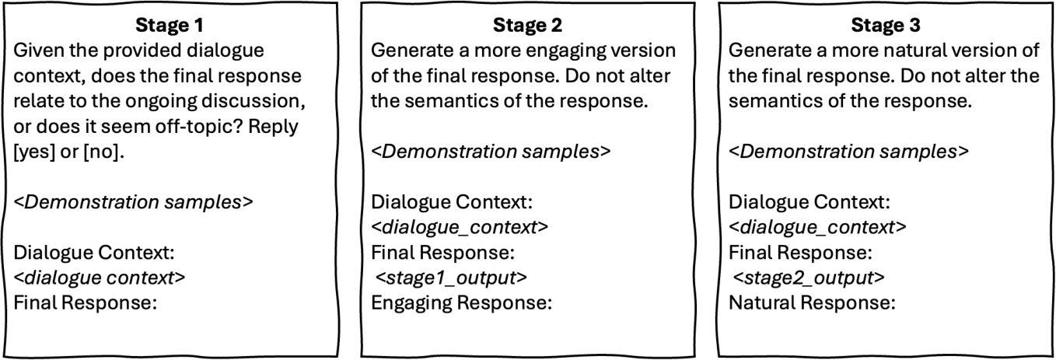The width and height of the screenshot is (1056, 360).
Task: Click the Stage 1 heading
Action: coord(170,26)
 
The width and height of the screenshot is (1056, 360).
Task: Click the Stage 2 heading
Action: coord(527,26)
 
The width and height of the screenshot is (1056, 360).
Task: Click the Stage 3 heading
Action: coord(886,26)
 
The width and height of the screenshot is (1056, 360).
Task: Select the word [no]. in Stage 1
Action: coord(103,152)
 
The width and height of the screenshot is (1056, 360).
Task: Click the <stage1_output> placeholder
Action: coord(451,278)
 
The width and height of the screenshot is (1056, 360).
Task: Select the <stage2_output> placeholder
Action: coord(809,278)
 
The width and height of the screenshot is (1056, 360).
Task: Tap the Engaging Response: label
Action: coord(462,303)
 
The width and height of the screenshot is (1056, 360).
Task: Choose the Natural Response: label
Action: coord(812,303)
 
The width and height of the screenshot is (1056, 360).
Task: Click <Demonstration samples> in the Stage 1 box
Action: coord(134,202)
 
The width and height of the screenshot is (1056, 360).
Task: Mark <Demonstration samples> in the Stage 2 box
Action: coord(491,152)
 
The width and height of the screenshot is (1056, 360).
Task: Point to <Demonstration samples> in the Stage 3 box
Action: coord(848,152)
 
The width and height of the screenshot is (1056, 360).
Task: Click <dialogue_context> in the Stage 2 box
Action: coord(460,228)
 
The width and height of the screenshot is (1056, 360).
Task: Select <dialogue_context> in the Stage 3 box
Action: coord(817,228)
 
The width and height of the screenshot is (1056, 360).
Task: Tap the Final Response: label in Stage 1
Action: coord(86,303)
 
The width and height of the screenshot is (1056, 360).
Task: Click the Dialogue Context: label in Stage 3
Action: coord(809,203)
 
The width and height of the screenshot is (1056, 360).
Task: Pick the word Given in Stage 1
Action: coord(39,51)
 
